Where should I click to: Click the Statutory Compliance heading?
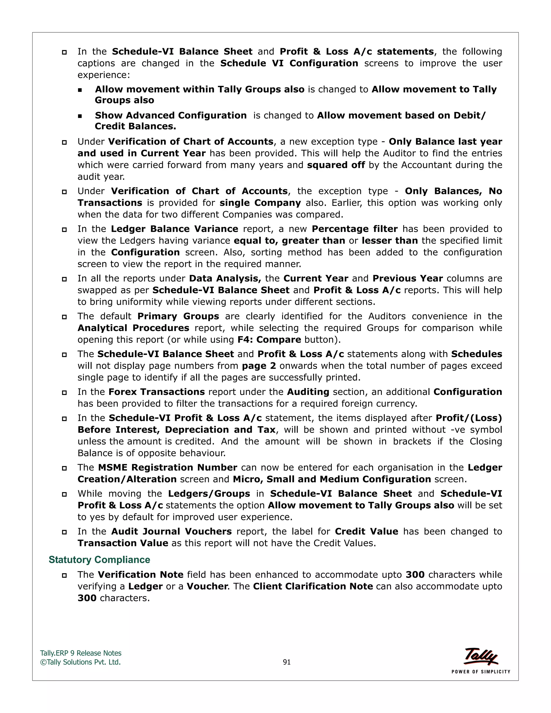[99, 560]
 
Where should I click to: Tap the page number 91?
[287, 662]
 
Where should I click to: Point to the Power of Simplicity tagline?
[481, 672]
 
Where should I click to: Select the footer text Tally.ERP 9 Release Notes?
[81, 653]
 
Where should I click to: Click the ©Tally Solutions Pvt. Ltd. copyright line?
[80, 662]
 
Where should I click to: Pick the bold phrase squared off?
[336, 165]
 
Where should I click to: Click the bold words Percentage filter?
[355, 229]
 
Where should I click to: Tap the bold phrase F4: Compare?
[269, 340]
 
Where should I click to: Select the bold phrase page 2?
[259, 366]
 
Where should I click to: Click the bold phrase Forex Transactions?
[157, 392]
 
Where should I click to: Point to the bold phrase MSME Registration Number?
[167, 468]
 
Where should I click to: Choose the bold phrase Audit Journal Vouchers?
[171, 531]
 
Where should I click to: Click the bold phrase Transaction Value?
[123, 543]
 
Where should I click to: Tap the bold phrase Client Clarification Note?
[313, 586]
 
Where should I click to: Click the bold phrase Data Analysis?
[225, 278]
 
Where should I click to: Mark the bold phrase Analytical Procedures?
[133, 328]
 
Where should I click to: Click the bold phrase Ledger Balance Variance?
[174, 229]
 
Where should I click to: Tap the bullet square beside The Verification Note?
[64, 575]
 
